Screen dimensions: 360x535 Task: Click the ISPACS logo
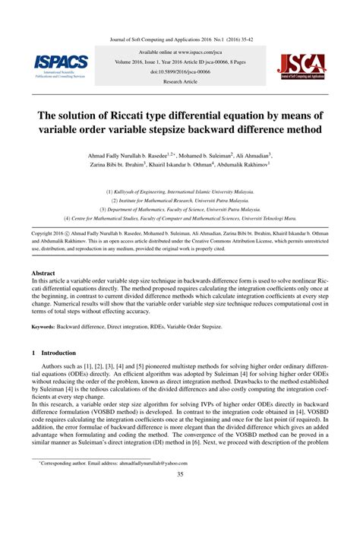[61, 67]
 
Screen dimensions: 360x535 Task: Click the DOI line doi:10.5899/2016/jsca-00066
[179, 71]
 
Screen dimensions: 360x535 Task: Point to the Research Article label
[179, 80]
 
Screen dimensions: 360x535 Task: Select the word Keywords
[46, 327]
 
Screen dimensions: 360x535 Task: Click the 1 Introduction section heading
[54, 353]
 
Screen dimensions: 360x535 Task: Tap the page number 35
[180, 476]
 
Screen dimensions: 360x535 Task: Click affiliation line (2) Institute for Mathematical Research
[179, 199]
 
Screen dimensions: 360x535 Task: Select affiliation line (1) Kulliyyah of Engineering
[179, 191]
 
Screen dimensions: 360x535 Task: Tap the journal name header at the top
[180, 36]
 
